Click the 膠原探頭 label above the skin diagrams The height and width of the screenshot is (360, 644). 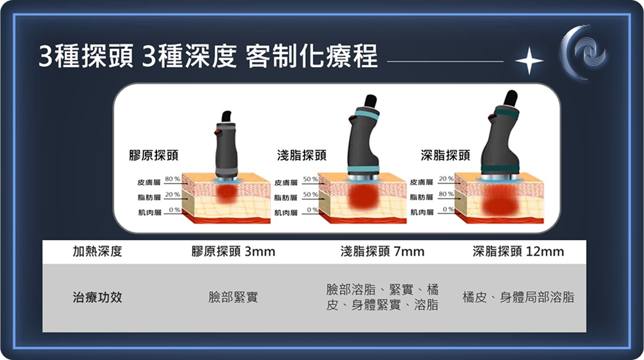click(x=154, y=155)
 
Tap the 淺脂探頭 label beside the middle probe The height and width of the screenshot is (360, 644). click(x=302, y=155)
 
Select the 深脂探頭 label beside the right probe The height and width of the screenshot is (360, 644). click(x=445, y=155)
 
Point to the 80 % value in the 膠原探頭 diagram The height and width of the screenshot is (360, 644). click(x=173, y=179)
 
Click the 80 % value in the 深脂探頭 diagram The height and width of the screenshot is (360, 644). click(x=446, y=194)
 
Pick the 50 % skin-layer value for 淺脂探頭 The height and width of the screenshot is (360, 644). click(x=310, y=180)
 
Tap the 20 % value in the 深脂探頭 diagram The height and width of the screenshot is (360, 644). click(x=446, y=179)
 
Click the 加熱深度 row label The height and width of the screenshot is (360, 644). click(x=97, y=251)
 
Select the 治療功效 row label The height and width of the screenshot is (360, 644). click(x=97, y=297)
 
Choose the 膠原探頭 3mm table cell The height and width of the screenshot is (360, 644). click(x=233, y=251)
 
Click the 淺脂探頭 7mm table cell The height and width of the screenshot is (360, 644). click(x=383, y=251)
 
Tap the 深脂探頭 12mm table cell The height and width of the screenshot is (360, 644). click(x=518, y=251)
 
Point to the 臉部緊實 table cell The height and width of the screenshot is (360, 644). click(x=233, y=297)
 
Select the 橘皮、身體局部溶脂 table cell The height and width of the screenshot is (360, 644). click(x=518, y=297)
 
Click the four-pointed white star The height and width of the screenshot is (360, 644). click(x=529, y=61)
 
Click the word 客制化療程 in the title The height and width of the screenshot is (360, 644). click(x=311, y=56)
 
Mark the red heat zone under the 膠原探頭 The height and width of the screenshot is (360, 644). click(x=226, y=193)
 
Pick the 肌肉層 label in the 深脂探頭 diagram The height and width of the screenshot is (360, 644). click(x=422, y=213)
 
